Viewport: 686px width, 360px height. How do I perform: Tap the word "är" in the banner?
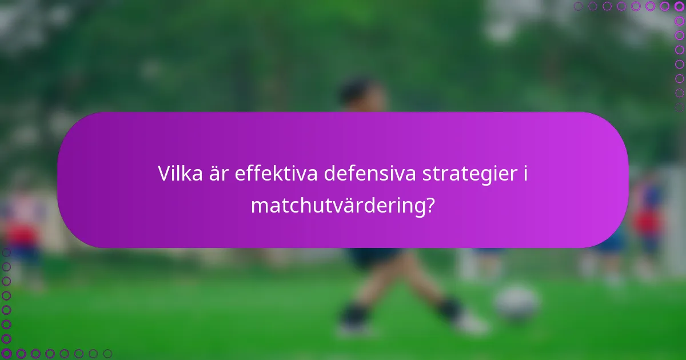(220, 173)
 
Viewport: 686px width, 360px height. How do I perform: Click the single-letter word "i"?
(524, 173)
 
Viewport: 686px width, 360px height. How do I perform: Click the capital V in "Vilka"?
(164, 173)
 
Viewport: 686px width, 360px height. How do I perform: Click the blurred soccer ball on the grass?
(516, 303)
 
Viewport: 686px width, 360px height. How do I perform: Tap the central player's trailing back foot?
(353, 327)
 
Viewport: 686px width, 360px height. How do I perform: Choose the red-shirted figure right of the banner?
(649, 220)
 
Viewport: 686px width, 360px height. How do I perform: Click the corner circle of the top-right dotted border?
(679, 6)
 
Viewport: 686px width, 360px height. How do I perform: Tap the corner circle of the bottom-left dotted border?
(6, 353)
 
